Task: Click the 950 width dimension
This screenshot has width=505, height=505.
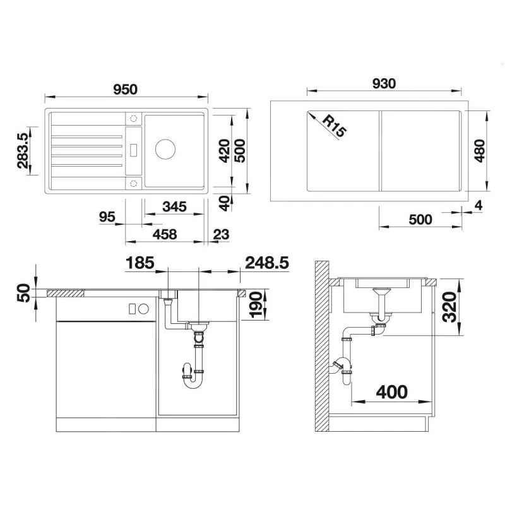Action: [x=126, y=89]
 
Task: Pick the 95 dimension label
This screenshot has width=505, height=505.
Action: [x=107, y=217]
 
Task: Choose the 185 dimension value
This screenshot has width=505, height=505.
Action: [x=140, y=263]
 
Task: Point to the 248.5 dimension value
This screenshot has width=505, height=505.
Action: [x=267, y=263]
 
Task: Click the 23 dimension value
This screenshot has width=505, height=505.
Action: [x=221, y=234]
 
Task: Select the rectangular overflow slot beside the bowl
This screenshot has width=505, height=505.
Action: [x=134, y=150]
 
